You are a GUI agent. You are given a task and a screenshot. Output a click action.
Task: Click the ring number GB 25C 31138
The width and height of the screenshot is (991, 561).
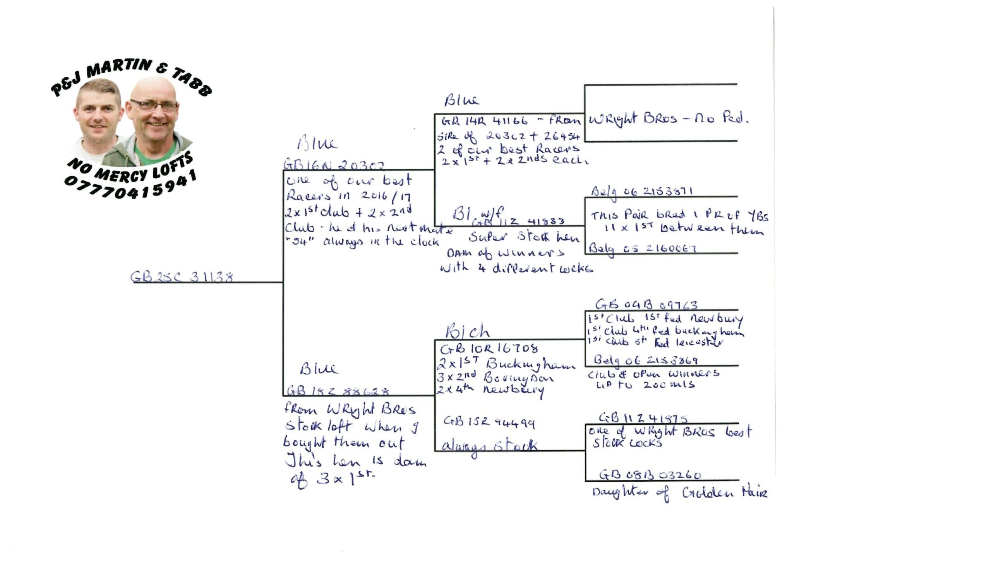(x=182, y=277)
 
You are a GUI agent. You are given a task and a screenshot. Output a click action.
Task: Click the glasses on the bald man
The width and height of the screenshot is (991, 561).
(x=154, y=105)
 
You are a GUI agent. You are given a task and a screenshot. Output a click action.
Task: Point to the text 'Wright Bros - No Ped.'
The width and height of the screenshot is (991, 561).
(x=669, y=118)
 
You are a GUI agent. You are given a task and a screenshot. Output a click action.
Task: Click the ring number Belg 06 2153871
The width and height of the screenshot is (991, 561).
(x=642, y=192)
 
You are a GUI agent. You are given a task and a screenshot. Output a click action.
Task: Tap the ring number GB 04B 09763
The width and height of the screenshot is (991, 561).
(x=646, y=305)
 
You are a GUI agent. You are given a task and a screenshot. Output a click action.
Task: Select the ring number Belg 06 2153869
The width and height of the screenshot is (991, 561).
(x=646, y=360)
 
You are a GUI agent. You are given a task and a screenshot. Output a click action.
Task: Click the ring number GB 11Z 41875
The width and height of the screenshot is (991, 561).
(x=643, y=418)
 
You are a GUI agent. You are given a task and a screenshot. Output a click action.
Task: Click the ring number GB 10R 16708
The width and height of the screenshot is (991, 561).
(x=489, y=349)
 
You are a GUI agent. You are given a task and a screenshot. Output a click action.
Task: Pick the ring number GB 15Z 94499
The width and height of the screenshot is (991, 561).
(x=489, y=422)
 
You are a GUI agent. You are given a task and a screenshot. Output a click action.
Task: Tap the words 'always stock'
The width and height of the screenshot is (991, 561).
(x=489, y=446)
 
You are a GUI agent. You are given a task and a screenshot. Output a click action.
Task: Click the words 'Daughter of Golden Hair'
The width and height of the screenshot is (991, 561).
(x=679, y=493)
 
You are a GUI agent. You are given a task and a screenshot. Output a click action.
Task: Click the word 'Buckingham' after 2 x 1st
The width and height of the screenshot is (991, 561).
(x=530, y=364)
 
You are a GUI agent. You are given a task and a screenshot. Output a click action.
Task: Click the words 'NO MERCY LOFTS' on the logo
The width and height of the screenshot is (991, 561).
(x=130, y=168)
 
